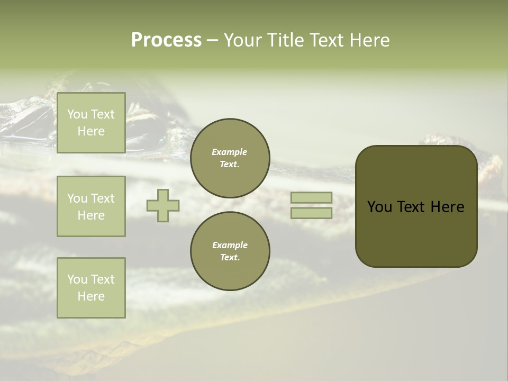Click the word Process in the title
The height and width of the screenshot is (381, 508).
point(166,40)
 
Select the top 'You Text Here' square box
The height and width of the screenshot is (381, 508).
point(91,123)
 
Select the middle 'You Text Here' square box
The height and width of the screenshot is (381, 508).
point(91,206)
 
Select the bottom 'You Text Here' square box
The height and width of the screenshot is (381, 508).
point(91,288)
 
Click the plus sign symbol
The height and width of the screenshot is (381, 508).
point(163,205)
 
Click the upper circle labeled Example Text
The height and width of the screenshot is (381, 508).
point(230,158)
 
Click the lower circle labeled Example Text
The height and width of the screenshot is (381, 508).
point(230,251)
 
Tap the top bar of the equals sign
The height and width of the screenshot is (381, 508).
point(311,197)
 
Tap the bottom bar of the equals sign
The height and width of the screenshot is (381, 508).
point(311,213)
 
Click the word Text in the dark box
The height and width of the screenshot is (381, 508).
point(411,207)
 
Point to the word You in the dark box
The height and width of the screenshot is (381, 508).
point(379,207)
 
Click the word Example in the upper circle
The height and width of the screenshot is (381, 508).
point(230,152)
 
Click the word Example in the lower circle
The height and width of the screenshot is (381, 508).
point(230,245)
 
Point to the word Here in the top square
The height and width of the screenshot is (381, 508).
point(91,131)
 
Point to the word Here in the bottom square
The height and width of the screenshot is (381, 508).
point(91,296)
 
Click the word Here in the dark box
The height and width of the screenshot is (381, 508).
point(447,207)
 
